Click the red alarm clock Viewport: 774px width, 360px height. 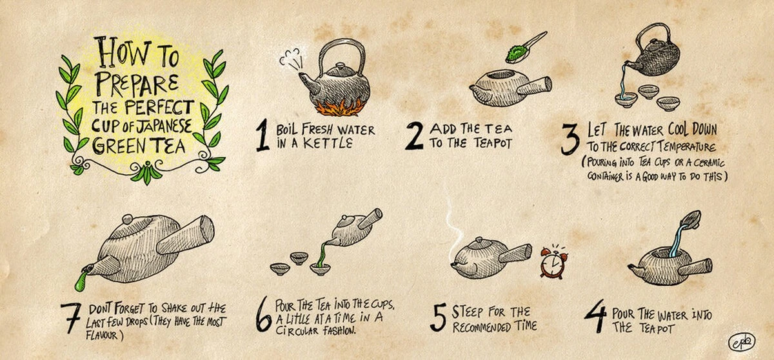[554, 263]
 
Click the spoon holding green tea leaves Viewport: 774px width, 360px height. [524, 49]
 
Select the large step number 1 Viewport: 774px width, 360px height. [263, 135]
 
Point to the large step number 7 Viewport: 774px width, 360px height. [71, 318]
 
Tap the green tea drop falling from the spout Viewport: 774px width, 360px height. [81, 281]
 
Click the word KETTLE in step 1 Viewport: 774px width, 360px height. [328, 143]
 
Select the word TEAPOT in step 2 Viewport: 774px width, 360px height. [492, 143]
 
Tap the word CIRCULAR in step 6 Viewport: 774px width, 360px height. [297, 330]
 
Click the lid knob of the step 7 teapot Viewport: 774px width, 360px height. [128, 219]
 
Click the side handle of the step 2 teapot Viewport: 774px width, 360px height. [533, 86]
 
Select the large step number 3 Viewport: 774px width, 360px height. [570, 139]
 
